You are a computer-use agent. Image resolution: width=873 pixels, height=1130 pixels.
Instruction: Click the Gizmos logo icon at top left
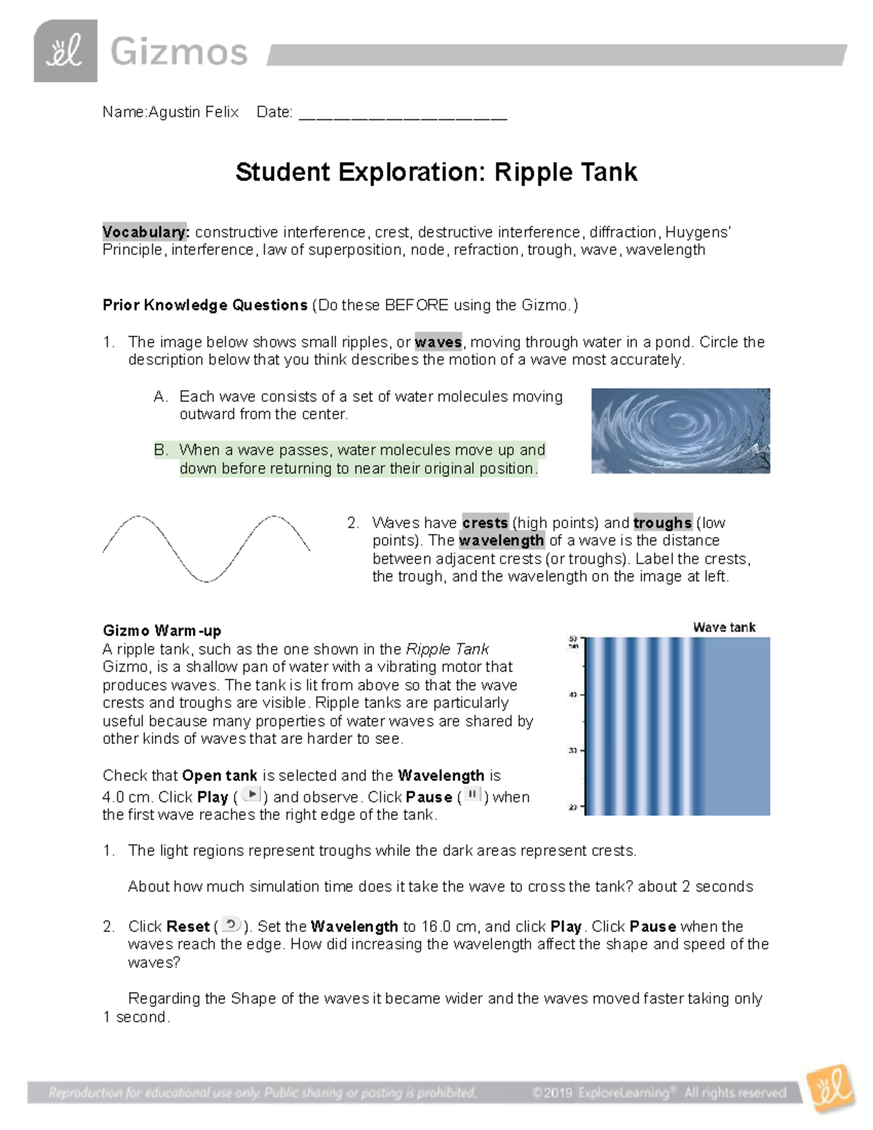65,51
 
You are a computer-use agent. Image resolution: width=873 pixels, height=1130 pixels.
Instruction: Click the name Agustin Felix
194,112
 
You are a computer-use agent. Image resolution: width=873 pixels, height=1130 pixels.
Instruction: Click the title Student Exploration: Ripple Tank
436,172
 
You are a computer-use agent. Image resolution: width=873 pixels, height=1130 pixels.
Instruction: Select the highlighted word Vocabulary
145,232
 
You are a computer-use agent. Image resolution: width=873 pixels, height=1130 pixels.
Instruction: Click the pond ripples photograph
680,431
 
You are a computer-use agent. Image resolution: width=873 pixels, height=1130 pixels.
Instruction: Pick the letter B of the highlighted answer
161,450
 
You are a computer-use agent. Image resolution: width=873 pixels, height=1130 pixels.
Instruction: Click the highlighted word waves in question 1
438,342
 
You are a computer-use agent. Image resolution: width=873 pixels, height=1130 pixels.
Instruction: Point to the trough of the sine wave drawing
207,579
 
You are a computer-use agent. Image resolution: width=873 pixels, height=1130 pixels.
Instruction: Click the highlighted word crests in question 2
485,522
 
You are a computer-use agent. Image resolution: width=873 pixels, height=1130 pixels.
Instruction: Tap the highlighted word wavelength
501,541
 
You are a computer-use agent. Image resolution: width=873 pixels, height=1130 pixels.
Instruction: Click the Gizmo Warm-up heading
162,631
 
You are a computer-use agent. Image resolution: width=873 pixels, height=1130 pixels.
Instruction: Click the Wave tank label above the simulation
724,627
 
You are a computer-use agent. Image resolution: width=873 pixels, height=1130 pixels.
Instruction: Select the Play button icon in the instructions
251,795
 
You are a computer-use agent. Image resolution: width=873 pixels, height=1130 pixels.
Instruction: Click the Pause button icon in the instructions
473,795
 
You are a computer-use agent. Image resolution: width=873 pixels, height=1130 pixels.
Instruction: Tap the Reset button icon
231,925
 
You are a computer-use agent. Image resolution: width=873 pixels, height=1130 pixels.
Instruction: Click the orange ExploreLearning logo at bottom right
829,1089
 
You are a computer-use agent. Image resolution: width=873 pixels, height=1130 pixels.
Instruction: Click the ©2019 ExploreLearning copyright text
658,1093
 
